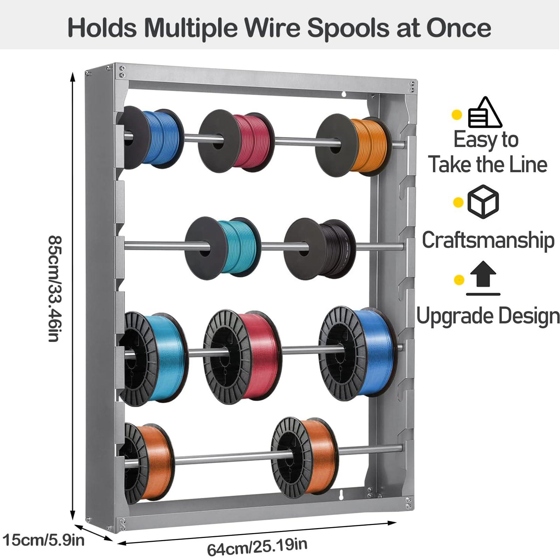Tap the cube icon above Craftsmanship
483,202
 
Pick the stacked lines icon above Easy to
485,113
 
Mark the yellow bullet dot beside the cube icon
458,202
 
